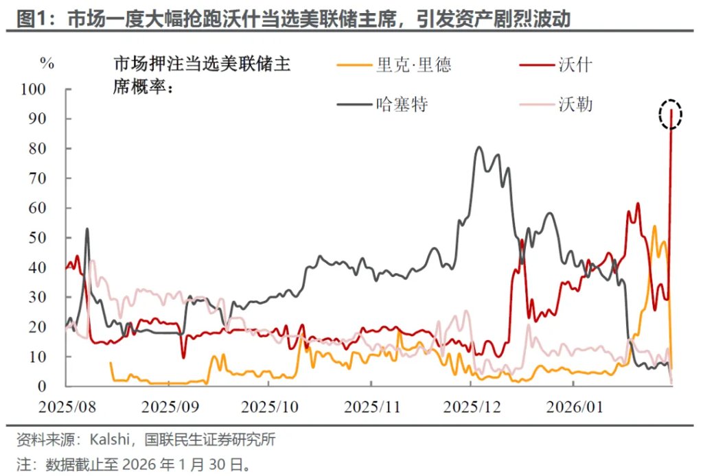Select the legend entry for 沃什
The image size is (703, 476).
[575, 66]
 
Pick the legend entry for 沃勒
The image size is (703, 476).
[575, 105]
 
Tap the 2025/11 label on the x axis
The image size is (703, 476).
[372, 406]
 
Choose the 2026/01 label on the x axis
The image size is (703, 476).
[575, 406]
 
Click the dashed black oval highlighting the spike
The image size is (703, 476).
[670, 114]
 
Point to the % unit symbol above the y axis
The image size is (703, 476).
[47, 63]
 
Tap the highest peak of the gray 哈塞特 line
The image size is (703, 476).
[479, 147]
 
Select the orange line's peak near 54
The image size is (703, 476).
[654, 226]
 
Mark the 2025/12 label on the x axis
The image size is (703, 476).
[473, 406]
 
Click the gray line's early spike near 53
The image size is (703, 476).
[87, 229]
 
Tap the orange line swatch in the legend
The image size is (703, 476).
[353, 66]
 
